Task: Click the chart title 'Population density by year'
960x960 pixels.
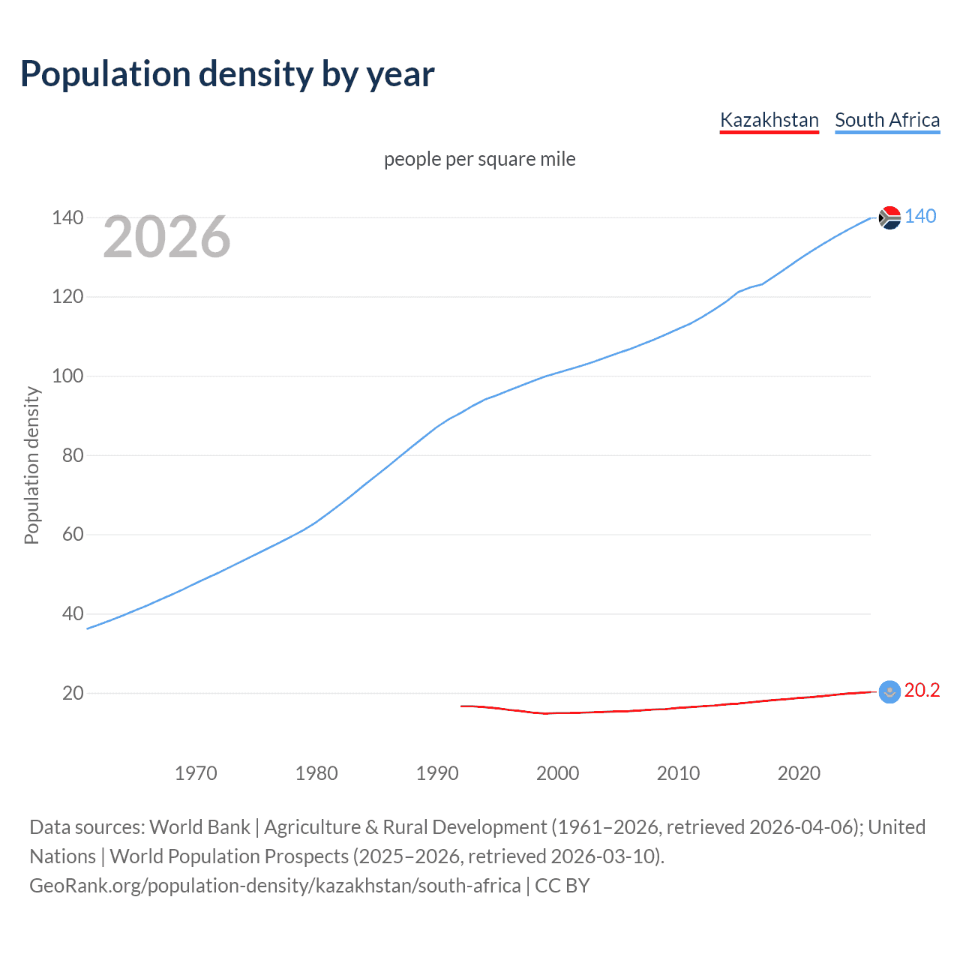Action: (x=227, y=74)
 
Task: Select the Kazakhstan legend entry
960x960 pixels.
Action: (x=769, y=120)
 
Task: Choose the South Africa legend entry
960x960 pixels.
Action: (x=886, y=120)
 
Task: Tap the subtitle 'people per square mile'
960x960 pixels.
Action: (x=479, y=159)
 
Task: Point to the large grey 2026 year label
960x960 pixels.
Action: (x=166, y=237)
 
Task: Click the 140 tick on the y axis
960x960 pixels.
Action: (x=67, y=217)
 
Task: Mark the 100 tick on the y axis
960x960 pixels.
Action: (x=67, y=376)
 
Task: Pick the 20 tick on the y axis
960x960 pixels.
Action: (x=73, y=693)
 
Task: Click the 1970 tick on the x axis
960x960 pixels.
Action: (x=196, y=773)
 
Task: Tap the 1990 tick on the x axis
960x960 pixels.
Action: (x=437, y=773)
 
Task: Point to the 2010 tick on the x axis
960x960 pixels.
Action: (x=678, y=773)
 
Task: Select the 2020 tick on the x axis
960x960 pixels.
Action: (x=799, y=773)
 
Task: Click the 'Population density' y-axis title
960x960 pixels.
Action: (x=31, y=465)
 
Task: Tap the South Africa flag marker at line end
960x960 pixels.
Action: (x=889, y=217)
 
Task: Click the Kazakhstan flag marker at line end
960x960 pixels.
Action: (x=889, y=691)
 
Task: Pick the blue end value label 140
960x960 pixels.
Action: (x=920, y=216)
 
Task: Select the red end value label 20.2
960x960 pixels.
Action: (x=922, y=690)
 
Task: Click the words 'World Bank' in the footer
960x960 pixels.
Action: (x=199, y=826)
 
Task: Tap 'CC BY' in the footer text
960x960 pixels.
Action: (x=562, y=885)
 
